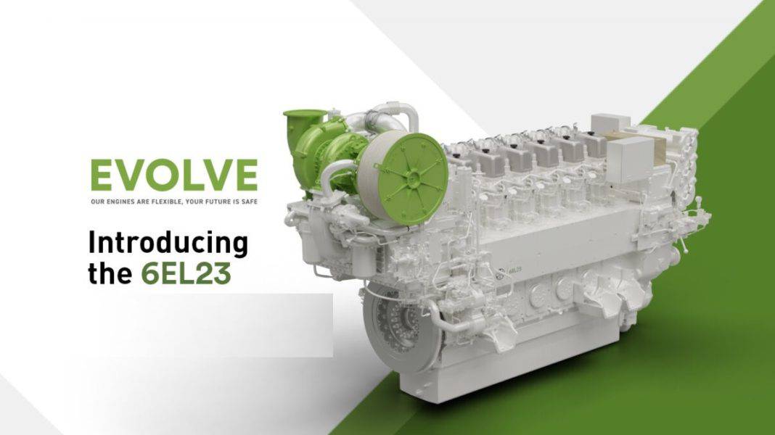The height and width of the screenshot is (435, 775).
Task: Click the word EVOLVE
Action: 174,175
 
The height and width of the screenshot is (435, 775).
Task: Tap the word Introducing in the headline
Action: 168,244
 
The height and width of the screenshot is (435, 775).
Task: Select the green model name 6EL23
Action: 186,273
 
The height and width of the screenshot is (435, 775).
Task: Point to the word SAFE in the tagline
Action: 250,202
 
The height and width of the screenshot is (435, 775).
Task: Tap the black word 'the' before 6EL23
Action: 110,273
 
